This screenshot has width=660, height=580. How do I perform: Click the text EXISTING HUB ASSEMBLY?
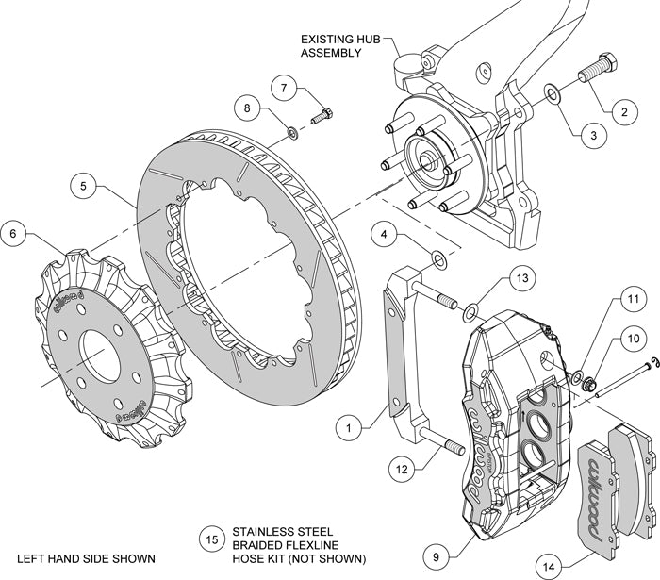click(331, 46)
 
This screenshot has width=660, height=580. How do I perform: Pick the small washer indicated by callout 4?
click(438, 257)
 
